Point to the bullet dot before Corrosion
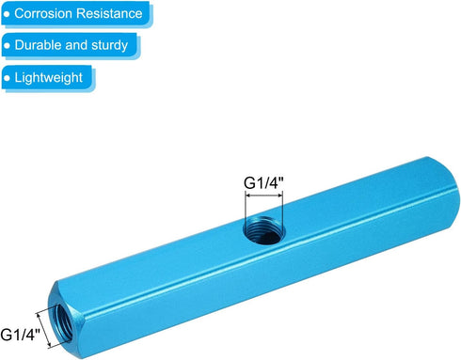[x=8, y=14]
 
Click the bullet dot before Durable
[x=8, y=44]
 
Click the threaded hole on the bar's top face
[x=262, y=228]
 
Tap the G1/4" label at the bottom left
[x=20, y=334]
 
